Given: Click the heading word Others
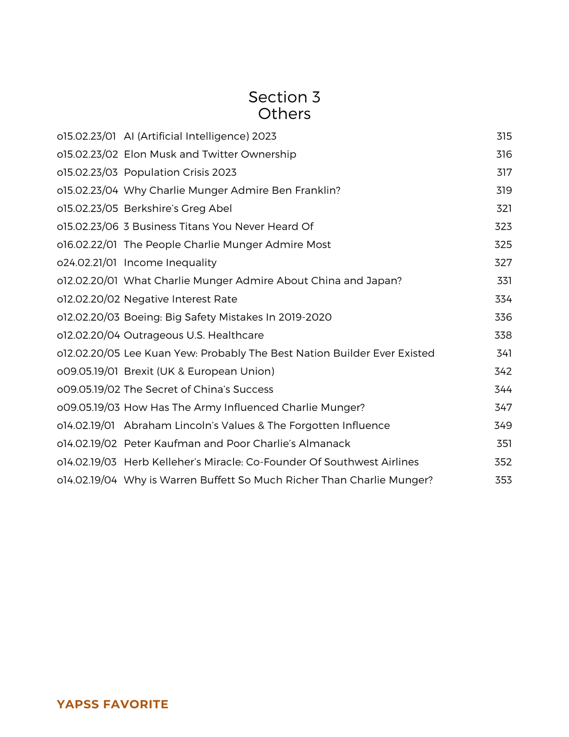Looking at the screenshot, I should point(284,114).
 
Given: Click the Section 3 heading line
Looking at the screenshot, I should point(284,97).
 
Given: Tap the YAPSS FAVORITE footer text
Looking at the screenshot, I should point(113,704).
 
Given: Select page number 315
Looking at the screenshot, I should point(504,136).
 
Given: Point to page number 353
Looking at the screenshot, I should point(503,480).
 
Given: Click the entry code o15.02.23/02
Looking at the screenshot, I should point(87,154).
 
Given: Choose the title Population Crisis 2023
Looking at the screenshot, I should point(180,173).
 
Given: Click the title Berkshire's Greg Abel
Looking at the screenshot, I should point(178,208).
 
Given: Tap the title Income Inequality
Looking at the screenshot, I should point(170,263).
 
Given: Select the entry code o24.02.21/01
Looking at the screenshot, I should point(87,263).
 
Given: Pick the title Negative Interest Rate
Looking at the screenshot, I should point(180,299).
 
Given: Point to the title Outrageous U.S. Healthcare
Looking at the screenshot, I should point(194,336).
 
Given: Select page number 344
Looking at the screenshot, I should point(503,390).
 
